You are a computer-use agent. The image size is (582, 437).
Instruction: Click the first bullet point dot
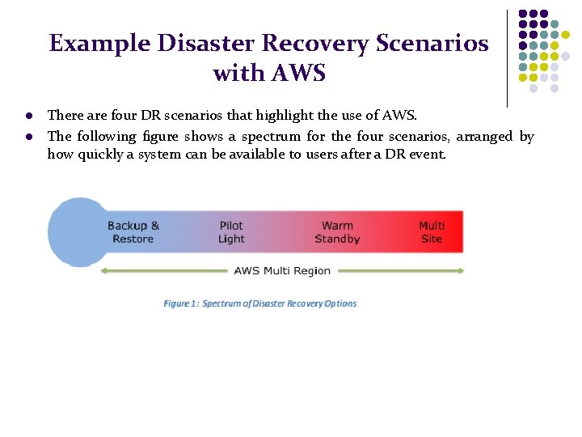pos(28,116)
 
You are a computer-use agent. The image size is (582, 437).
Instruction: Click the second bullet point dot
pos(28,137)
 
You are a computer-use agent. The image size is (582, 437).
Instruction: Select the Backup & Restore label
pos(133,232)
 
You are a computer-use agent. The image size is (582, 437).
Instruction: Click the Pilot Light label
pos(231,232)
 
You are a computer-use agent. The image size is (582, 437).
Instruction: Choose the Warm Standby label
pos(337,232)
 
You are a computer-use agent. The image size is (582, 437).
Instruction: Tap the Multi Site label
pos(432,232)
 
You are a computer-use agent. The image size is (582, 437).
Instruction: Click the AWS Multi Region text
pos(282,271)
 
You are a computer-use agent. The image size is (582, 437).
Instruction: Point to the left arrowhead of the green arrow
pos(103,271)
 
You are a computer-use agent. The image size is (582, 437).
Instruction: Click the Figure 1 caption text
pos(259,303)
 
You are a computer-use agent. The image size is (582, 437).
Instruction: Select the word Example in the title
pos(88,43)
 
